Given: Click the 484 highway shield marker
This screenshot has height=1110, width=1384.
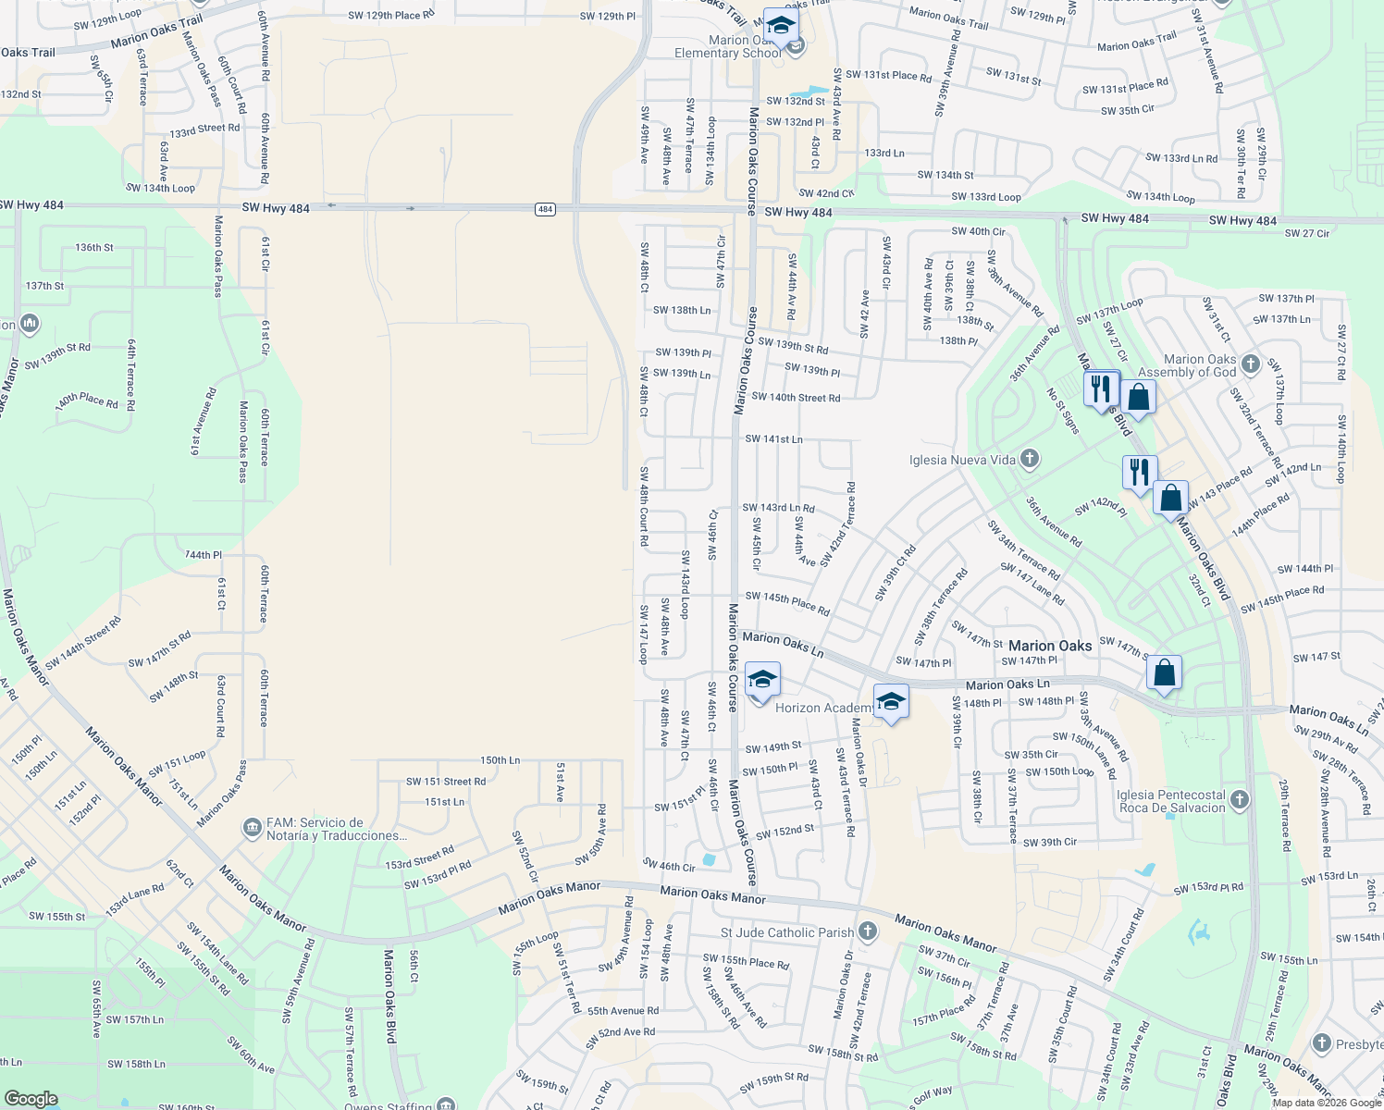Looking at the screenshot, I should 545,209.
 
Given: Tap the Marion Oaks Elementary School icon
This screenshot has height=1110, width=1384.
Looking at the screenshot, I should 781,27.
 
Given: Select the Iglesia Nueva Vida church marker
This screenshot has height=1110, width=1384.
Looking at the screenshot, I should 1029,459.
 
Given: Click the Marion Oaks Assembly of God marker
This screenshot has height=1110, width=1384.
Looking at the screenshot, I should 1251,364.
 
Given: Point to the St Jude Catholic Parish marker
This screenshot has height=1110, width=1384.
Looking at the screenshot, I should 867,931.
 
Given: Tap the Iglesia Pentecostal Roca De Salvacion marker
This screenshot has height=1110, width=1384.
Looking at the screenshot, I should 1240,798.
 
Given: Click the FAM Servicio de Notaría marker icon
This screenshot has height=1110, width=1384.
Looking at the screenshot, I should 252,827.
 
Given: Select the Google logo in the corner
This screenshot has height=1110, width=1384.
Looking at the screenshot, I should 31,1099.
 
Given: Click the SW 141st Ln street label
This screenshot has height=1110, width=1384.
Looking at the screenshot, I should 773,439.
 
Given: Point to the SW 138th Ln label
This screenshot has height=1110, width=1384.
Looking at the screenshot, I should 682,311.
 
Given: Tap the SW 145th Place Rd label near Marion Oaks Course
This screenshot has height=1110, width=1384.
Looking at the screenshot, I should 787,603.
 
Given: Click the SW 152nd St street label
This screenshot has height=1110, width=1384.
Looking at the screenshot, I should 785,832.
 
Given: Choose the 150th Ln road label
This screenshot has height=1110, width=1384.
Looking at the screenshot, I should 500,760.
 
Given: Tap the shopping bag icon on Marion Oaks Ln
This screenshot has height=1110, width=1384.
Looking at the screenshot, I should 1164,672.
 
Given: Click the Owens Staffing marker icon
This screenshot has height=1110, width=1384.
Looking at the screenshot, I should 446,1104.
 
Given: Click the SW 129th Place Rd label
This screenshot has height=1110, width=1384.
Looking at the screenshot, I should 390,16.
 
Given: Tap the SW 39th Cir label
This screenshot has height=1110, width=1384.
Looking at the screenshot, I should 1049,843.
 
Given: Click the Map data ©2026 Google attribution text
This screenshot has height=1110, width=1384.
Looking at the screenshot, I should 1327,1103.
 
